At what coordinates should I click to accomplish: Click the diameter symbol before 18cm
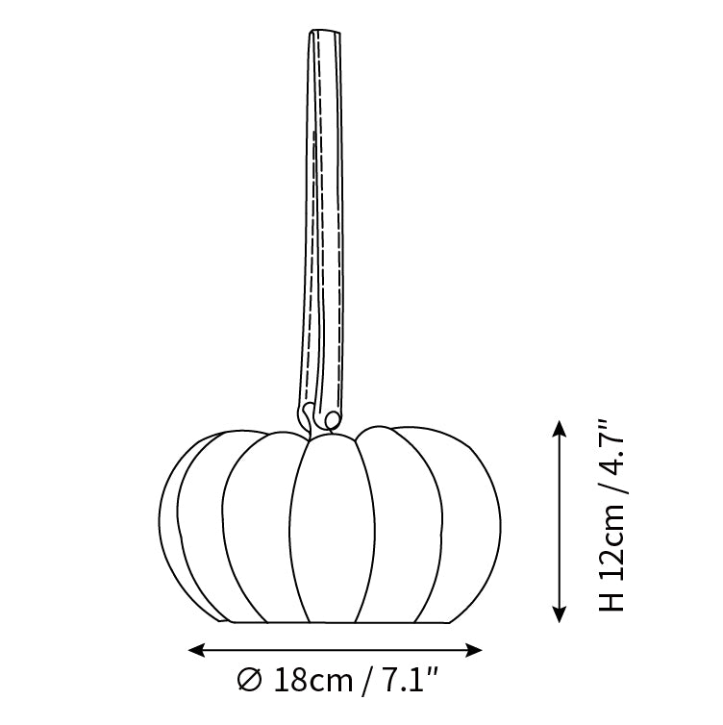250,680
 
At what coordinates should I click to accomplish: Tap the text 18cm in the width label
313,680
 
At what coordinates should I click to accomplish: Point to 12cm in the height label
611,540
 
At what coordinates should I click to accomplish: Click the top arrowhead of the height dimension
560,428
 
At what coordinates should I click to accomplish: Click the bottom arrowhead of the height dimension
560,614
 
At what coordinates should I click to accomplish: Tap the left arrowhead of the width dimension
196,650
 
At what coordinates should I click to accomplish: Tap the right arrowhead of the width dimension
473,650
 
